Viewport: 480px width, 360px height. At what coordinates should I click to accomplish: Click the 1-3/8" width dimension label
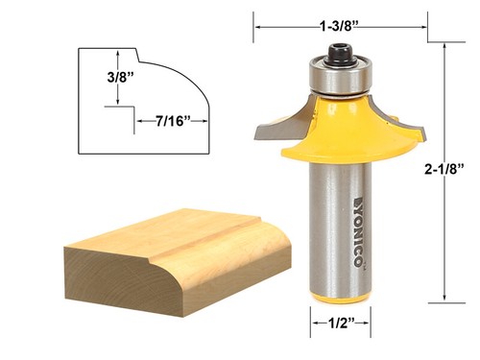point(341,13)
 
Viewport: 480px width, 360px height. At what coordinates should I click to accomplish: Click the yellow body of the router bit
point(341,134)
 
